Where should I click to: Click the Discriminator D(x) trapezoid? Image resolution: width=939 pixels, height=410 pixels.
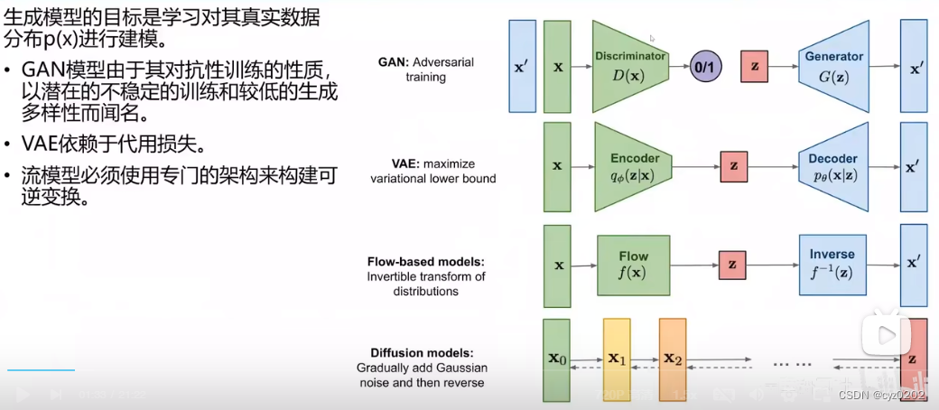[628, 67]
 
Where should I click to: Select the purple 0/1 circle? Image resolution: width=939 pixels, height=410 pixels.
[706, 67]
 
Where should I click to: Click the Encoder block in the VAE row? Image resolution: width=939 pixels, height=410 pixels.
[634, 166]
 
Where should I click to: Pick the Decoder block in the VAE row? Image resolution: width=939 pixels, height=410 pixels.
[832, 166]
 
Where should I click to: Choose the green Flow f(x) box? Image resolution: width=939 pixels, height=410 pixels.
[634, 266]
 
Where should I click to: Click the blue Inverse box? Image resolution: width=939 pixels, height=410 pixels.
[832, 265]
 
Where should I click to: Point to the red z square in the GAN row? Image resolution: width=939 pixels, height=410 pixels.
[755, 67]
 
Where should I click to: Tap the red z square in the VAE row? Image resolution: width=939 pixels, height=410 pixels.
[734, 166]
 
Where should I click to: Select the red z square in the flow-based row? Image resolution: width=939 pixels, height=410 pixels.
[732, 266]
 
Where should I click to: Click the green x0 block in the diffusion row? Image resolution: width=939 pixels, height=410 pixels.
[556, 359]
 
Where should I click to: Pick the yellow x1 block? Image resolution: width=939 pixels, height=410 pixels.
[617, 359]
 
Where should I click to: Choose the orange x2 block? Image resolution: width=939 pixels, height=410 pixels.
[673, 359]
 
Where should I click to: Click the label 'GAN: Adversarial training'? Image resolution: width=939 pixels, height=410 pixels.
[426, 70]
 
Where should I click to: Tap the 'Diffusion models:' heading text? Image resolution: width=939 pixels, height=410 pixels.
[422, 353]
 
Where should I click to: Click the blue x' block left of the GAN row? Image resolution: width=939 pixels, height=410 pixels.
[523, 67]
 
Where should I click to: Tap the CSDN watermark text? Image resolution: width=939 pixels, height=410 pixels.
[881, 395]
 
